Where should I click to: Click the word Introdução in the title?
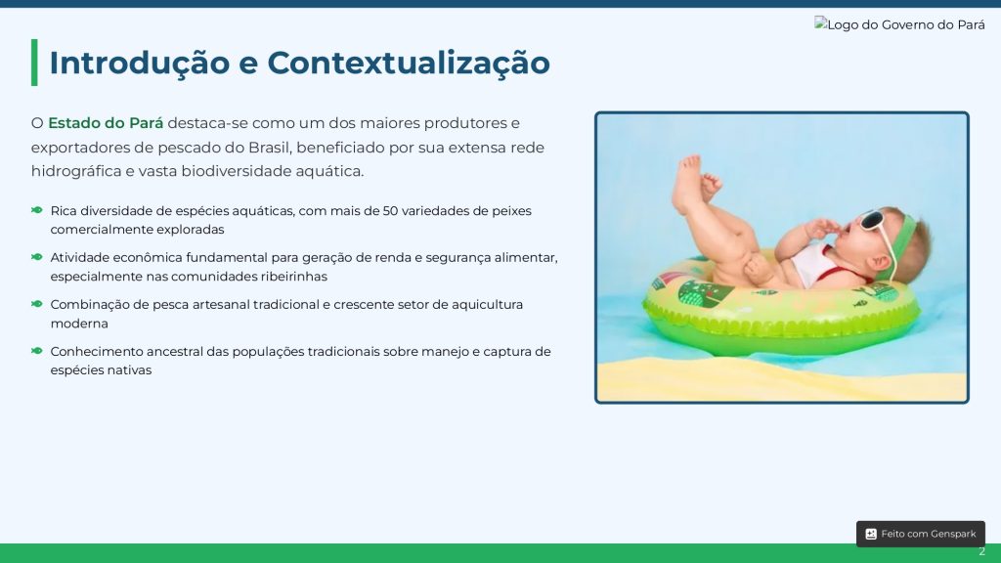[139, 63]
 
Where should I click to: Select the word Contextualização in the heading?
[409, 63]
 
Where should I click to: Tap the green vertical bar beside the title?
[34, 63]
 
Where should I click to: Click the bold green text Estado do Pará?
[106, 123]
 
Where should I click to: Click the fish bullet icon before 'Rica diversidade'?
[37, 210]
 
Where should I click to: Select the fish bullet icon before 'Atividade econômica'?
[37, 257]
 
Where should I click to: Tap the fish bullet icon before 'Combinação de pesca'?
[37, 304]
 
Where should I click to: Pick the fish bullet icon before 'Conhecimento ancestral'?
[37, 351]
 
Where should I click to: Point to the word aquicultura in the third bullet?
[487, 305]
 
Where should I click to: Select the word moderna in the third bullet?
[79, 324]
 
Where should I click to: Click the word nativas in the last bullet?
[130, 370]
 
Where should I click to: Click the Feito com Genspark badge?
[921, 534]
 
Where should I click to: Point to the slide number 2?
[981, 551]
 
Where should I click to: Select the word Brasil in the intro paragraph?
[270, 148]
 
